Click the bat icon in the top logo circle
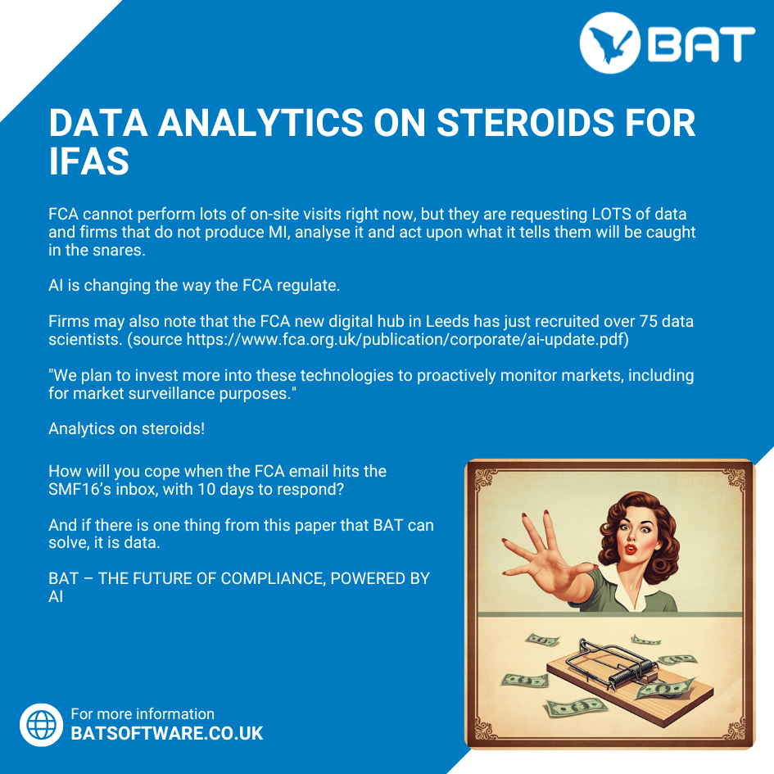pyautogui.click(x=610, y=43)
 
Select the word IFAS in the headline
pyautogui.click(x=88, y=161)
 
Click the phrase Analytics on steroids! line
pyautogui.click(x=126, y=428)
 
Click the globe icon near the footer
pyautogui.click(x=42, y=725)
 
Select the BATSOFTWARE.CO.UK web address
pyautogui.click(x=167, y=734)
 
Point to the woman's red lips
pyautogui.click(x=631, y=549)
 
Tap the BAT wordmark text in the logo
pyautogui.click(x=701, y=44)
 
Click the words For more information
pyautogui.click(x=143, y=713)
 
